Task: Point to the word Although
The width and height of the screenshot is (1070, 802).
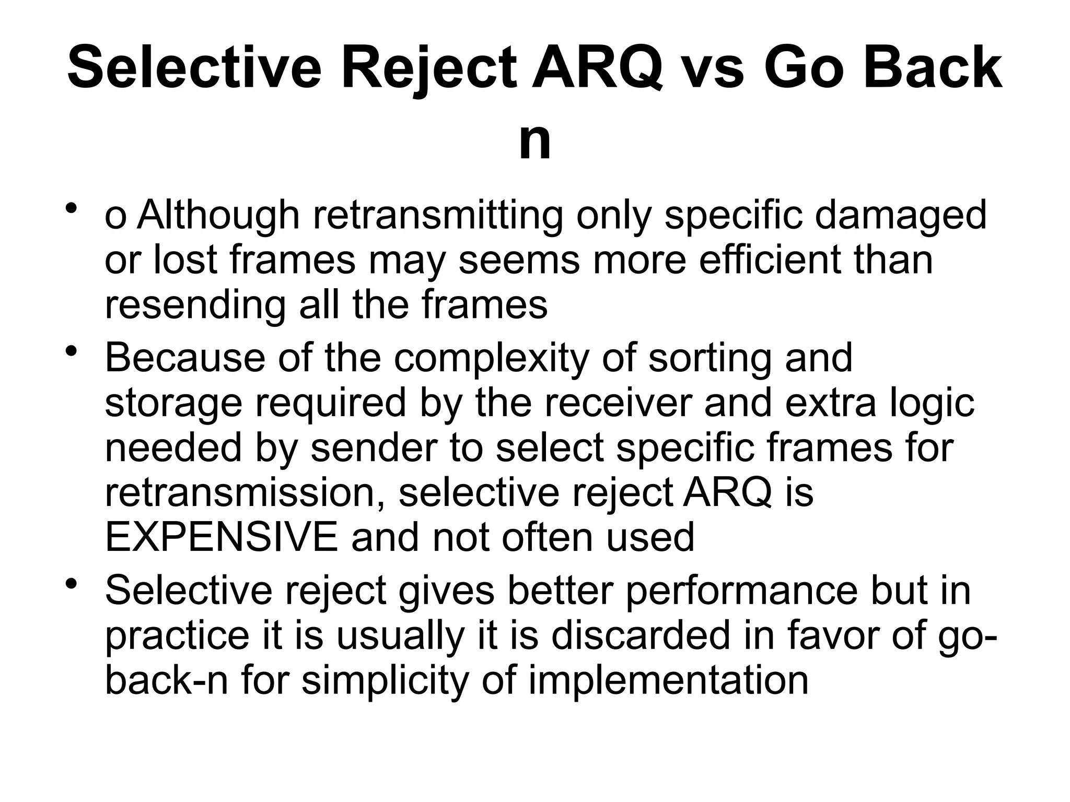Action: [218, 215]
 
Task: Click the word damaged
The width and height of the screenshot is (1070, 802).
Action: [901, 215]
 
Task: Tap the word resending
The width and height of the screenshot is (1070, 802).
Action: [195, 305]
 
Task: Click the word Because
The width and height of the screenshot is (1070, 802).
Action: [184, 358]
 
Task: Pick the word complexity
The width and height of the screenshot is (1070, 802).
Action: [491, 358]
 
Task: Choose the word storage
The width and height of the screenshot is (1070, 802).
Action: [173, 403]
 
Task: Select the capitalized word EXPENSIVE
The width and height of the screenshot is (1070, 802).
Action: [222, 538]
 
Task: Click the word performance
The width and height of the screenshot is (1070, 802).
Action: [741, 591]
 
